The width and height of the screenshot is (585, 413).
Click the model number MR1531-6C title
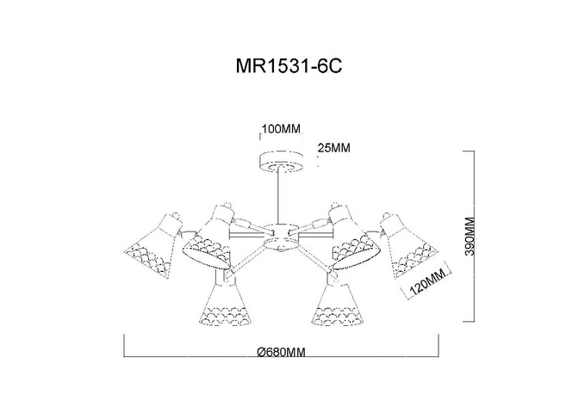289,67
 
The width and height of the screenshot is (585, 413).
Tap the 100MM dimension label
281,129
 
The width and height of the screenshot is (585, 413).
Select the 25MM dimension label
334,148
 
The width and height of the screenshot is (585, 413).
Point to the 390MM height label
470,237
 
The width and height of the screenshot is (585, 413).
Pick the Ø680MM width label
282,352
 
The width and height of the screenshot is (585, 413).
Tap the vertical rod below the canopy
279,198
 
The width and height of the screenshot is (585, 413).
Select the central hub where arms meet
279,237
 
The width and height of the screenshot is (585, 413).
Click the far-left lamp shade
153,246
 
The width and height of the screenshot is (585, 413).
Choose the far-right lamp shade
408,246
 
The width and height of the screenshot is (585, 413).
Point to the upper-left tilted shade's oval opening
206,256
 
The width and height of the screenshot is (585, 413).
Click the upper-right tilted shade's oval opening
357,256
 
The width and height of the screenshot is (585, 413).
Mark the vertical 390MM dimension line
474,237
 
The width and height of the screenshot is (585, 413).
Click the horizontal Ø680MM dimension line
282,357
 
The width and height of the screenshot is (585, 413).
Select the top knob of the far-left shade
176,215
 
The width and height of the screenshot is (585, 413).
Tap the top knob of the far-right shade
387,216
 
